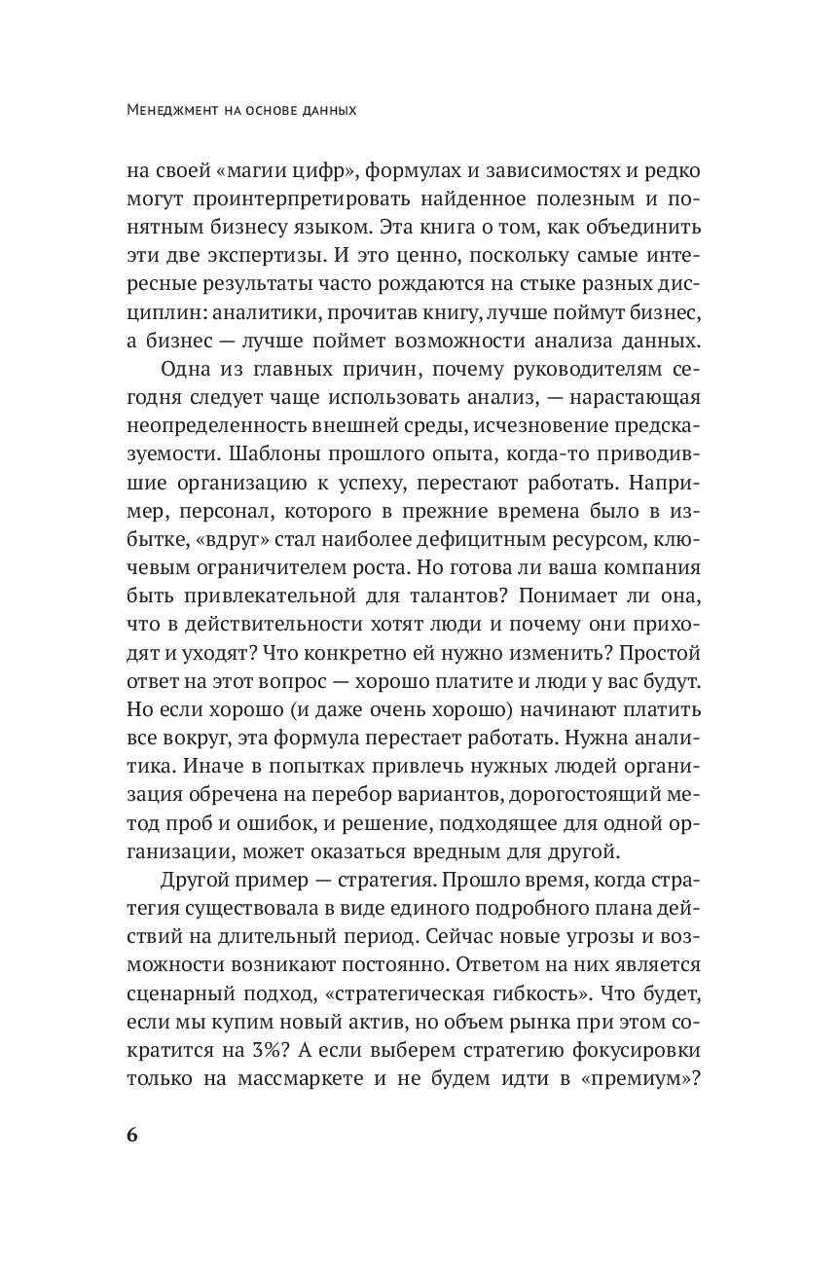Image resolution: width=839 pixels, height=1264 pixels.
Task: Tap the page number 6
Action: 134,1136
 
